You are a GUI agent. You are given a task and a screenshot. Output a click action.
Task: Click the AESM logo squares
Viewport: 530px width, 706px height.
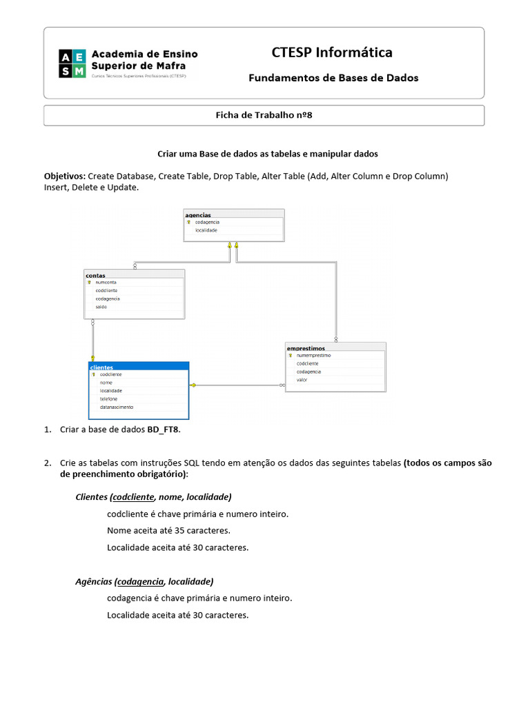tap(72, 63)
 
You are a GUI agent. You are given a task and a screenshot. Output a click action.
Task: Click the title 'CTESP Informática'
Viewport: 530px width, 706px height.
tap(332, 52)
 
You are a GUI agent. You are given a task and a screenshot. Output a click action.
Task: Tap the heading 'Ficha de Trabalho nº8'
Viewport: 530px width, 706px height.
tap(264, 115)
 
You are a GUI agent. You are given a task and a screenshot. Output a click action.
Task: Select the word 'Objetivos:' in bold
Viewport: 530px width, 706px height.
tap(65, 176)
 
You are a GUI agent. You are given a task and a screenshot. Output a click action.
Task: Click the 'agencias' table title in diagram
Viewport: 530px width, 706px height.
tap(199, 214)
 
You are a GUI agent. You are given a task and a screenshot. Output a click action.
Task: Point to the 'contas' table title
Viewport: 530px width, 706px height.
tap(95, 274)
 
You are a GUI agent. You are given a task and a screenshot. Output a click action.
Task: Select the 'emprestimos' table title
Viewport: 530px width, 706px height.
tap(306, 348)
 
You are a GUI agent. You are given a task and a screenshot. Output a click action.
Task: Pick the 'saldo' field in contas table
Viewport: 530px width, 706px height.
tap(101, 307)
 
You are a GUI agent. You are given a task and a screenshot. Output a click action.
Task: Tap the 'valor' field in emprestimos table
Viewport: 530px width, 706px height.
tap(302, 380)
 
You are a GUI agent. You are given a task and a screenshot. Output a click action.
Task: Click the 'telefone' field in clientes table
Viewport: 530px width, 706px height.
tap(108, 399)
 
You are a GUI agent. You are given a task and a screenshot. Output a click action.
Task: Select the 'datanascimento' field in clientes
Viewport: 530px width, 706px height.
tap(117, 407)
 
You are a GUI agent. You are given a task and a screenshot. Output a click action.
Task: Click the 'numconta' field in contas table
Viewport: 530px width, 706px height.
tap(106, 282)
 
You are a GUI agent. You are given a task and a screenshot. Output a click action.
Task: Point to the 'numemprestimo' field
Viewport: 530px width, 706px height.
tap(313, 355)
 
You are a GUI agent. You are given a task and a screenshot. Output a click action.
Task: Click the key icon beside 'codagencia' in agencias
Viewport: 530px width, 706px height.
tap(188, 222)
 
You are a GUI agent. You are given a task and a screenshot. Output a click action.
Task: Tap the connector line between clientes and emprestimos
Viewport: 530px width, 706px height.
tap(238, 385)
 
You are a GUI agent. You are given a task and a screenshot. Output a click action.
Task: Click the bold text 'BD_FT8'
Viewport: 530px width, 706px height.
tap(164, 430)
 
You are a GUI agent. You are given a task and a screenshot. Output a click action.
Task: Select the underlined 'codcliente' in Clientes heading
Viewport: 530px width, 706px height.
tap(133, 497)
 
